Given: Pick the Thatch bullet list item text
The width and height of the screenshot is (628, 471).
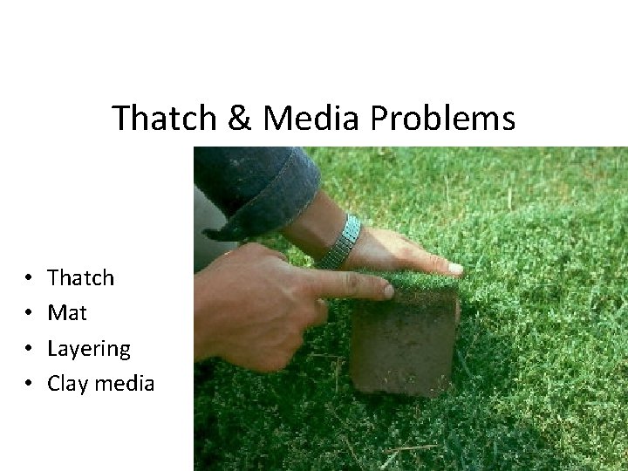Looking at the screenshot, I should coord(81,278).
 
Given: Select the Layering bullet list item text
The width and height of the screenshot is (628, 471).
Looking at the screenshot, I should coord(89,349).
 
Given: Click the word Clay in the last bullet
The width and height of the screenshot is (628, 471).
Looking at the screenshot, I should coord(68,383).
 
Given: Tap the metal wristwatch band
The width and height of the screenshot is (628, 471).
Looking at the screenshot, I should coord(340,242).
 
